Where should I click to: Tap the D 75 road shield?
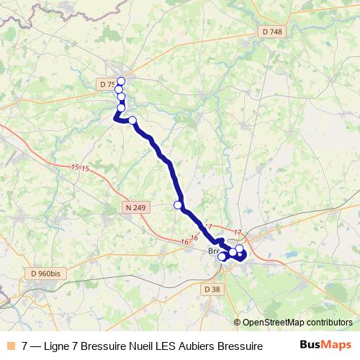click(x=107, y=84)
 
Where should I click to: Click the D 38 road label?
click(x=211, y=289)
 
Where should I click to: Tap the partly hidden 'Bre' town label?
click(x=214, y=251)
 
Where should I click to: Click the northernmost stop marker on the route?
click(x=121, y=81)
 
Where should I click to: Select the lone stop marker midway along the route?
click(x=177, y=205)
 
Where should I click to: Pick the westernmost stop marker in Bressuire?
click(x=222, y=256)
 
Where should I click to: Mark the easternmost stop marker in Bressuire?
click(x=239, y=248)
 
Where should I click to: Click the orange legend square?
click(x=10, y=345)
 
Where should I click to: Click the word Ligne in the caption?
click(x=59, y=345)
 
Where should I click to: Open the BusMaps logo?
click(x=321, y=345)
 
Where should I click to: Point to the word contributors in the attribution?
click(x=330, y=322)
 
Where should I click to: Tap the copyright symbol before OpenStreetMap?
click(x=237, y=322)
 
